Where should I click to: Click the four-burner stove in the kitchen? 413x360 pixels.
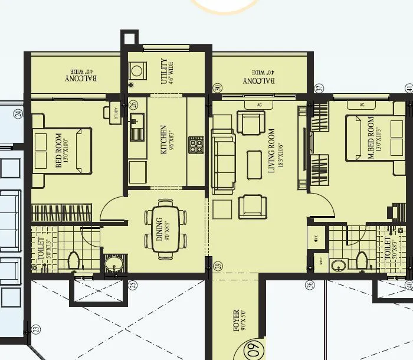click(x=196, y=145)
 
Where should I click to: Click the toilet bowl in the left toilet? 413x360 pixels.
click(x=74, y=260)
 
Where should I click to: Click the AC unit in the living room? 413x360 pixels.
click(x=259, y=105)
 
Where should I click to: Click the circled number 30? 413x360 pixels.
click(x=217, y=88)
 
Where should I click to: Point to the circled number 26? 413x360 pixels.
click(x=133, y=105)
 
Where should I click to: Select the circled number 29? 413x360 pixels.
click(x=217, y=267)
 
